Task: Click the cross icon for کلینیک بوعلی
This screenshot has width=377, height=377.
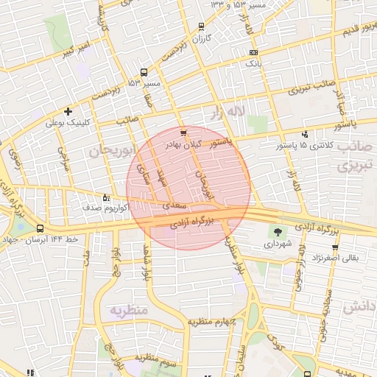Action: click(68, 112)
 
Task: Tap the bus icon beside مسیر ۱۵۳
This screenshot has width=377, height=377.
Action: click(144, 73)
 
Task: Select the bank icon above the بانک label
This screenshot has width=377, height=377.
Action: click(254, 53)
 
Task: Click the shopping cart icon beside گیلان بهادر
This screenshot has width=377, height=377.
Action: click(183, 133)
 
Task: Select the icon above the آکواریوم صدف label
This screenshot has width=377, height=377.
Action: click(106, 197)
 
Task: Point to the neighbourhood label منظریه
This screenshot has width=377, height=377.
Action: click(130, 310)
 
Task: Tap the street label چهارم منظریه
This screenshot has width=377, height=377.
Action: click(210, 321)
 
